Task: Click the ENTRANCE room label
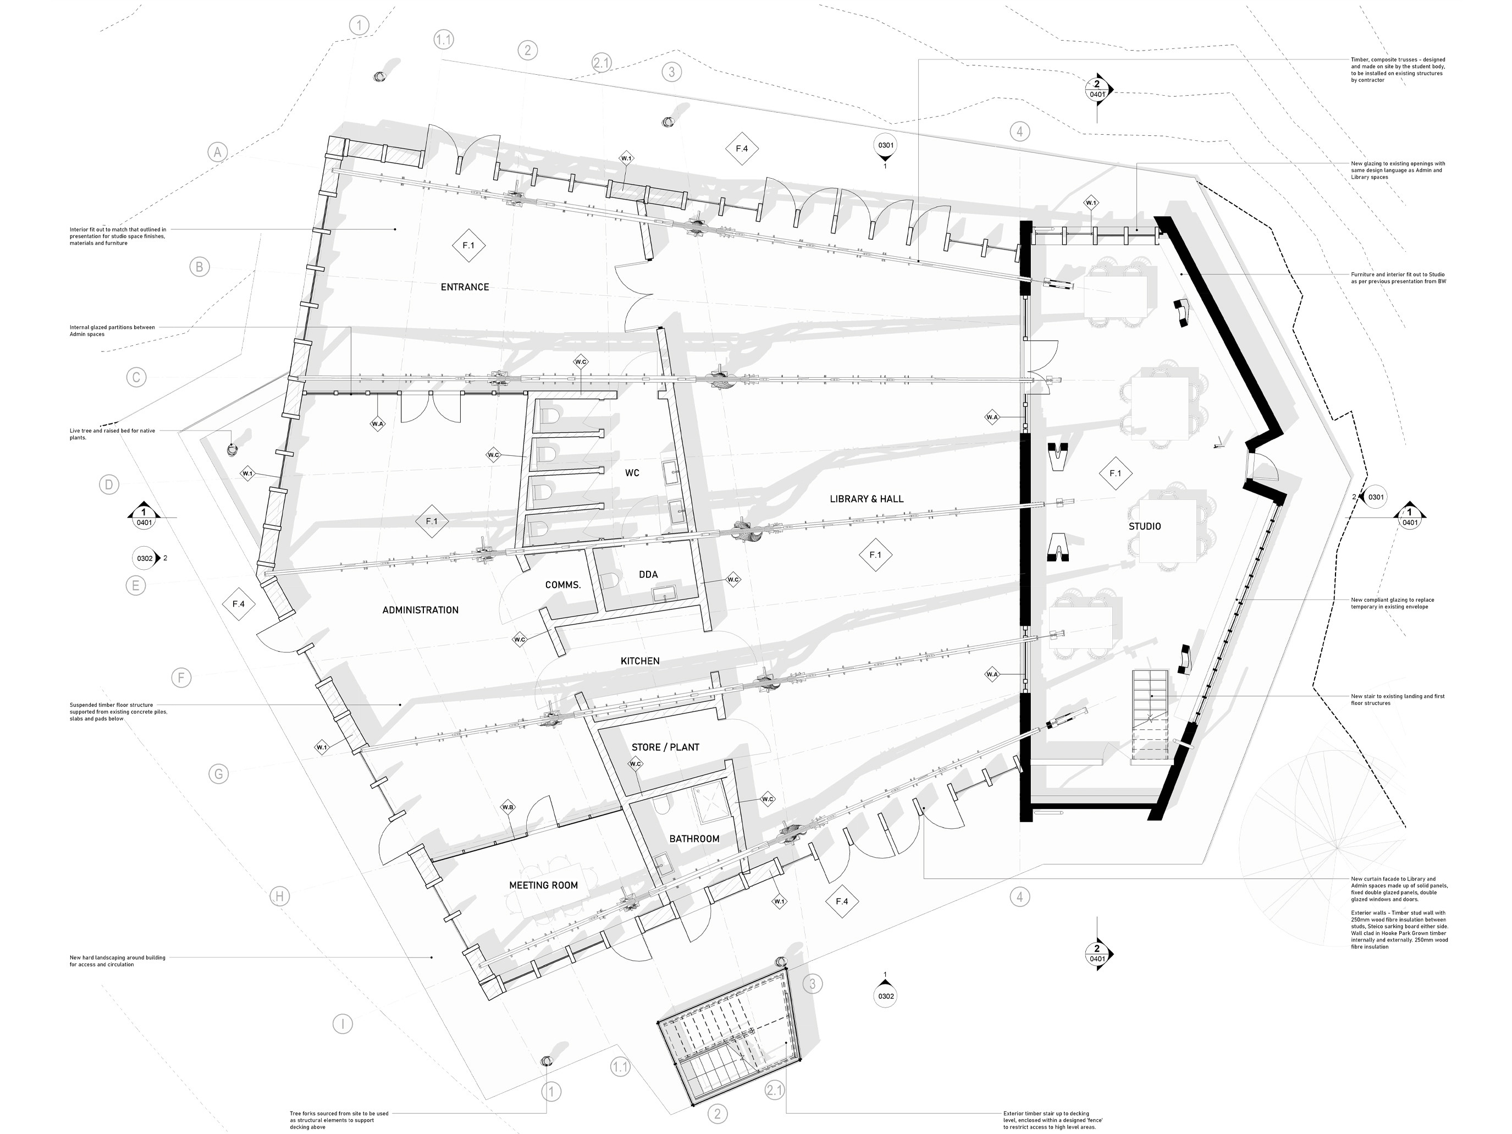click(465, 287)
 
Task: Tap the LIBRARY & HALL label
click(866, 499)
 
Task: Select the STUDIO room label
click(1144, 526)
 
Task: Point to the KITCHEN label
click(640, 661)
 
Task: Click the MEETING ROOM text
click(543, 885)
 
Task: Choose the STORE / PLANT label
click(665, 747)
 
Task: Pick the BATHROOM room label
click(694, 839)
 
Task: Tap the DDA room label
click(648, 575)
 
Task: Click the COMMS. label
click(562, 585)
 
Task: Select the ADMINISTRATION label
click(421, 610)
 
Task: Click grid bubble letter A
click(217, 152)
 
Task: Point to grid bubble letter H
click(279, 897)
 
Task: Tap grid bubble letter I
click(343, 1024)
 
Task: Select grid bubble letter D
click(109, 485)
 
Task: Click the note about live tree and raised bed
click(112, 434)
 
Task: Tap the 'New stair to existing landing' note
click(1397, 700)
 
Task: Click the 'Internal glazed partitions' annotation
click(112, 331)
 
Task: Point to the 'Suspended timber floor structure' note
click(118, 712)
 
